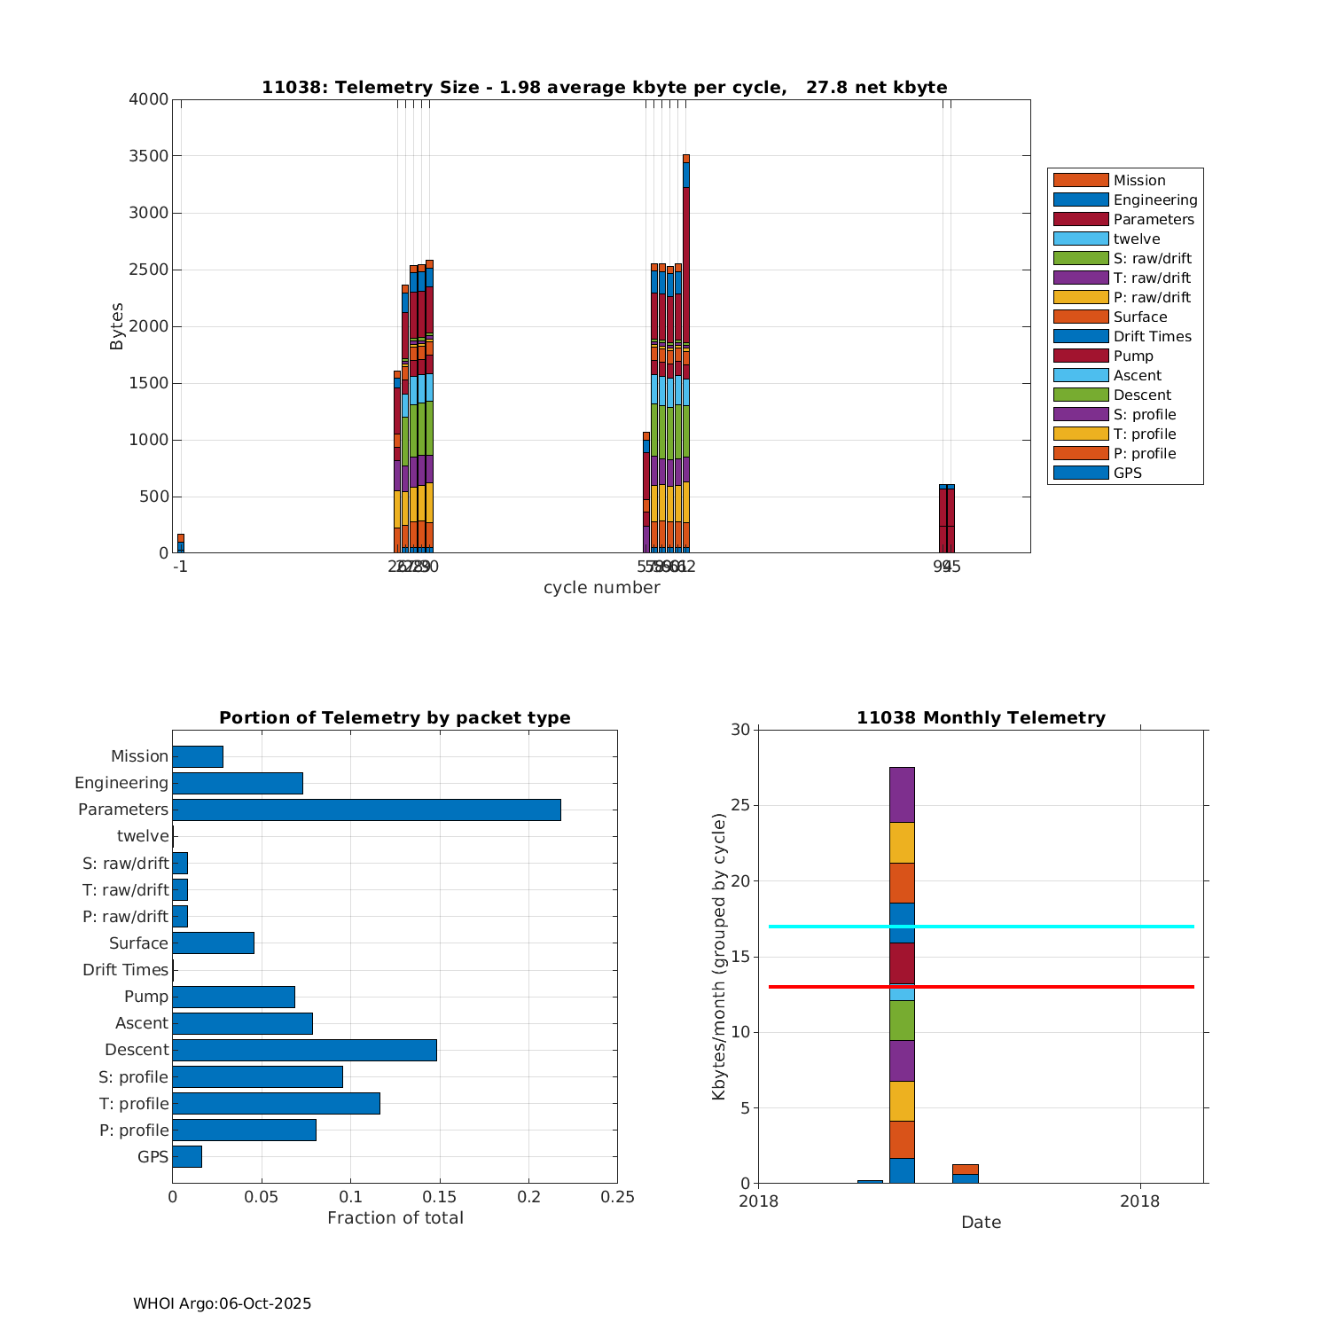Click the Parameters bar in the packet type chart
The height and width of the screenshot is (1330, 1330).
click(x=366, y=810)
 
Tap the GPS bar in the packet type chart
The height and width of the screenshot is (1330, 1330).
click(x=187, y=1156)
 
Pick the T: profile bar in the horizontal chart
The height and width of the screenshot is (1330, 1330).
click(x=276, y=1103)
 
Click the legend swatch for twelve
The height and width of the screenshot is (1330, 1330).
click(x=1081, y=239)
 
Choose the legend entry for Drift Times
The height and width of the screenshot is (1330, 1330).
click(x=1152, y=336)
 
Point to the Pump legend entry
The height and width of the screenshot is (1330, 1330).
click(x=1133, y=356)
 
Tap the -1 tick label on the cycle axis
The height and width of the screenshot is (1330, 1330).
click(x=180, y=566)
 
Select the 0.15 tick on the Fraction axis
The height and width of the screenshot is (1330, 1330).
click(x=440, y=1197)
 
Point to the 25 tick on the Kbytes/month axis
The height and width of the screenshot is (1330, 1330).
click(x=740, y=806)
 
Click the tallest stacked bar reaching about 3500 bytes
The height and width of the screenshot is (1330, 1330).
click(x=686, y=355)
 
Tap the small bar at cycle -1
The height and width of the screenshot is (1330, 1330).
click(x=181, y=544)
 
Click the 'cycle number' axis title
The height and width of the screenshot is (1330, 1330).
click(x=601, y=588)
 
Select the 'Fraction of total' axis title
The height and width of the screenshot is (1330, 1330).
click(x=395, y=1218)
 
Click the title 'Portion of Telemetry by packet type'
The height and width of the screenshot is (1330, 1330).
click(x=395, y=717)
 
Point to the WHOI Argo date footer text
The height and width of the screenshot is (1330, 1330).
click(x=222, y=1303)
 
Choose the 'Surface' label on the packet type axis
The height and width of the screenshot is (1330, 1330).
click(x=138, y=943)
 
